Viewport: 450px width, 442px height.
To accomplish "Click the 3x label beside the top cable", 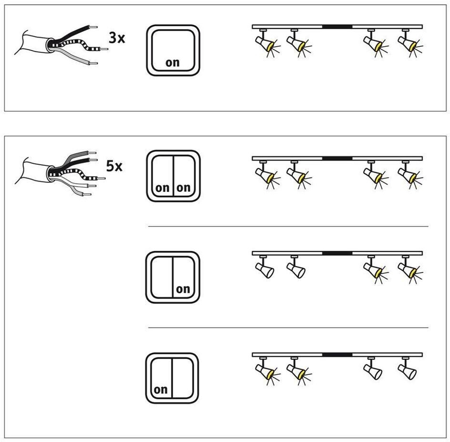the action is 117,38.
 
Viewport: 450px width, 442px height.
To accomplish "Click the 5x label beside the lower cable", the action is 114,166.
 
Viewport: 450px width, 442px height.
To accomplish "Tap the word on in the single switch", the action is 173,62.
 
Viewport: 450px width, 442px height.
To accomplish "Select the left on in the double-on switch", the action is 163,188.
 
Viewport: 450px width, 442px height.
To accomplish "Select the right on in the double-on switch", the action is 184,188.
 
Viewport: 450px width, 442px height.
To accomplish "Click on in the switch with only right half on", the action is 183,289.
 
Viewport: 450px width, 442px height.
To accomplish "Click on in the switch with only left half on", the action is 161,390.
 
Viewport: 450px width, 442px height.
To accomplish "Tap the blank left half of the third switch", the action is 162,277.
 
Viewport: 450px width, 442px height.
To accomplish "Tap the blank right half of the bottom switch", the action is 183,378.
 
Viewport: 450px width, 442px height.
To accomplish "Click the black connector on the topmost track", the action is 337,27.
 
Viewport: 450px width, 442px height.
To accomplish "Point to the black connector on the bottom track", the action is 337,355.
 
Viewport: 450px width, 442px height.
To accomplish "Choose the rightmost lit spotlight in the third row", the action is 409,270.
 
